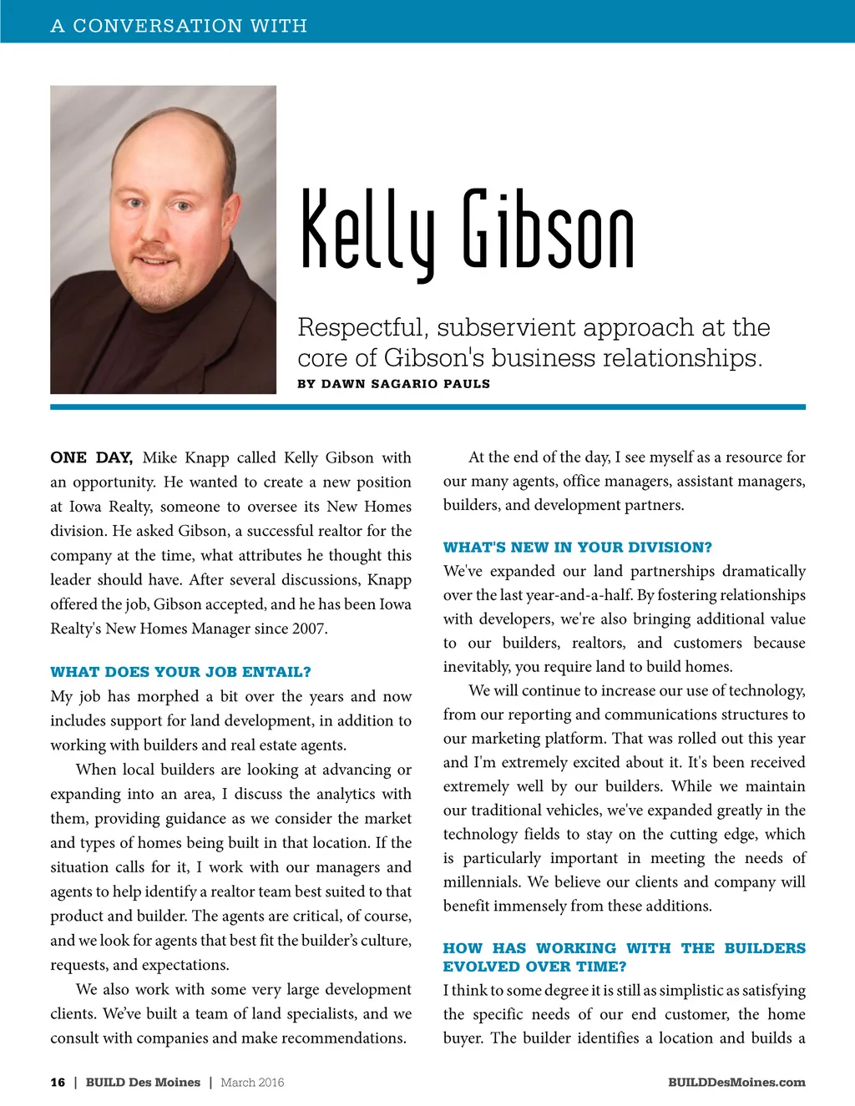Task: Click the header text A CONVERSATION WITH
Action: coord(179,26)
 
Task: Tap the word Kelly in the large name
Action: coord(367,230)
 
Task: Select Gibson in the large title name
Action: coord(549,230)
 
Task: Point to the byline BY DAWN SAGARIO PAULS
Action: coord(393,384)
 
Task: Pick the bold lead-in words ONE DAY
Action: coord(91,457)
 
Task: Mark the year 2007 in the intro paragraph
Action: coord(309,629)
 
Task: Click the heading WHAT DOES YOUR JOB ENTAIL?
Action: coord(180,672)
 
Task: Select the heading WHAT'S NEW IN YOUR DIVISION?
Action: coord(578,548)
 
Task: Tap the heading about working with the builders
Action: coord(624,957)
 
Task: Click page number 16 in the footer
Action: coord(58,1083)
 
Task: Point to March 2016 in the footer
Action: coord(252,1083)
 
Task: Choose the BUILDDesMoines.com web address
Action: coord(736,1083)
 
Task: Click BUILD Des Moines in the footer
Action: coord(143,1083)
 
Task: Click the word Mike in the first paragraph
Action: coord(159,457)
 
